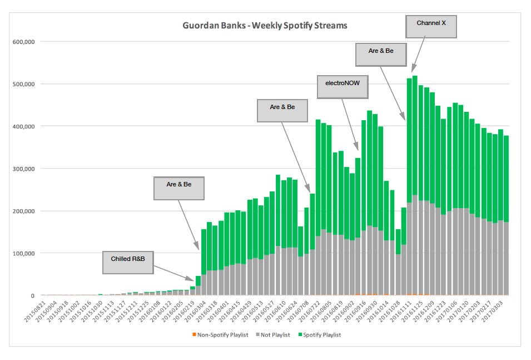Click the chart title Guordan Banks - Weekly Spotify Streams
click(265, 26)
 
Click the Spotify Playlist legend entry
click(321, 334)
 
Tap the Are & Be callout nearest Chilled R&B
click(178, 188)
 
